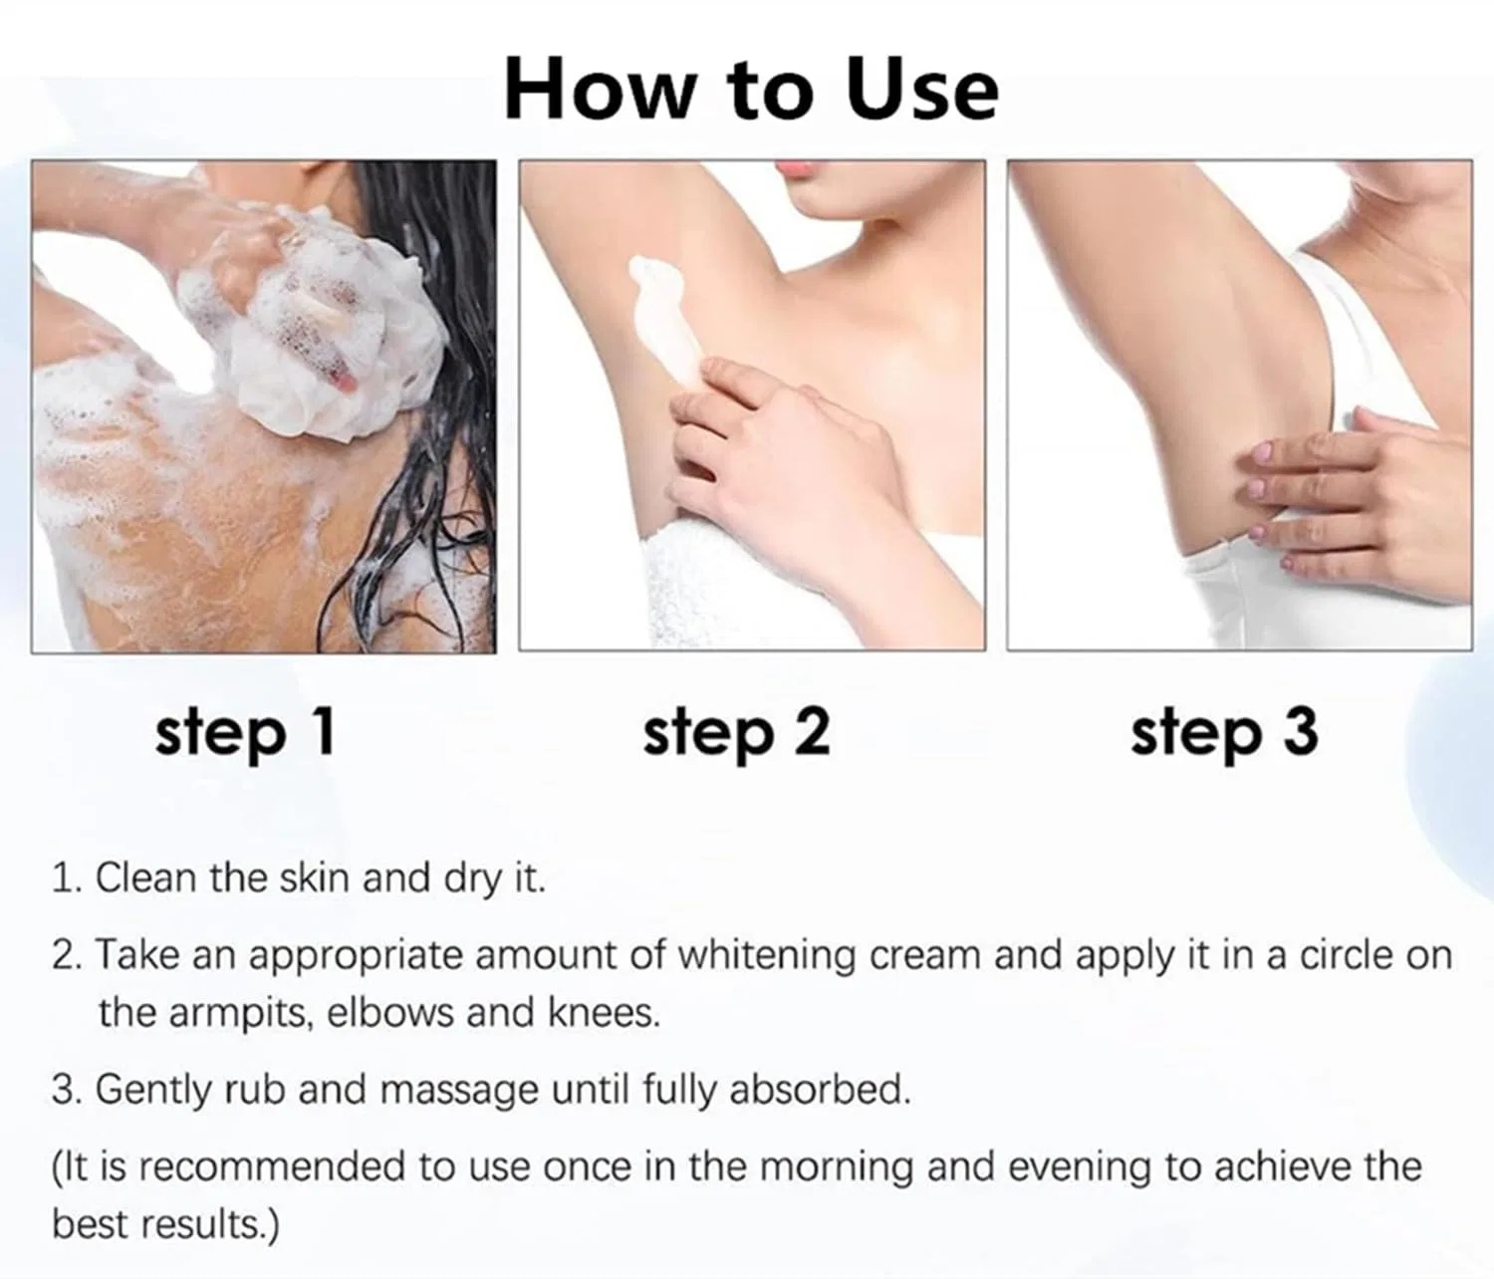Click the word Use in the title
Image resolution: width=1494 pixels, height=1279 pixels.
click(923, 89)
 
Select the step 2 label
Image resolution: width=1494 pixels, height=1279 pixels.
click(736, 733)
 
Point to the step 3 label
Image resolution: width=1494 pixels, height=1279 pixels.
click(1224, 733)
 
